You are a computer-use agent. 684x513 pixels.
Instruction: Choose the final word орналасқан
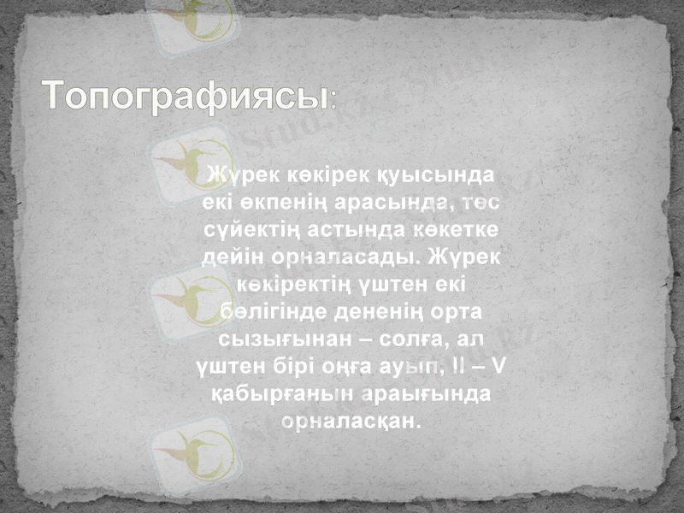pyautogui.click(x=351, y=421)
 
